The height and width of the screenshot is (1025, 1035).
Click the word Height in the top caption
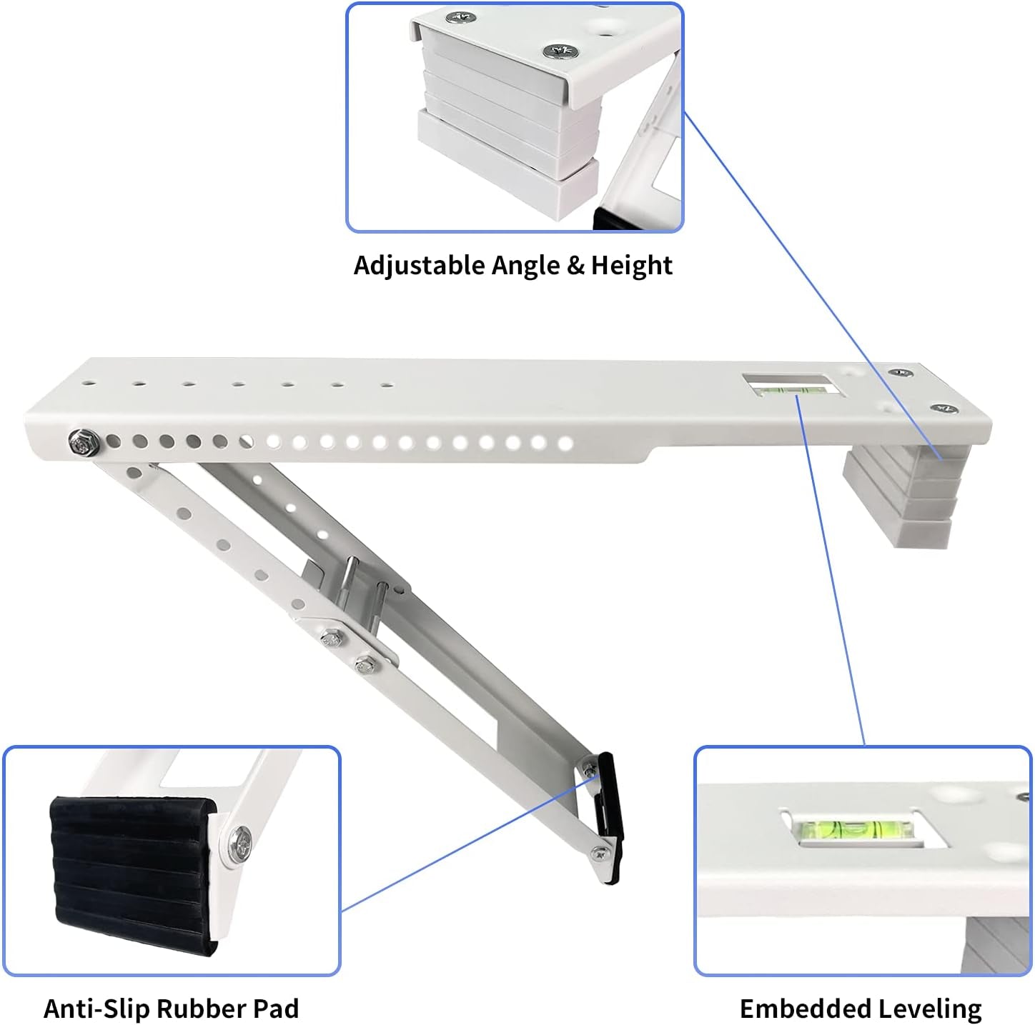click(x=631, y=265)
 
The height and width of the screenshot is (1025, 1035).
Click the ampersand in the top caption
click(x=575, y=265)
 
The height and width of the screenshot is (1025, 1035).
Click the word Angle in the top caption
click(x=527, y=265)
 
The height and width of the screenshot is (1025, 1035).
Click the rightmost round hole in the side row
click(x=565, y=444)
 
